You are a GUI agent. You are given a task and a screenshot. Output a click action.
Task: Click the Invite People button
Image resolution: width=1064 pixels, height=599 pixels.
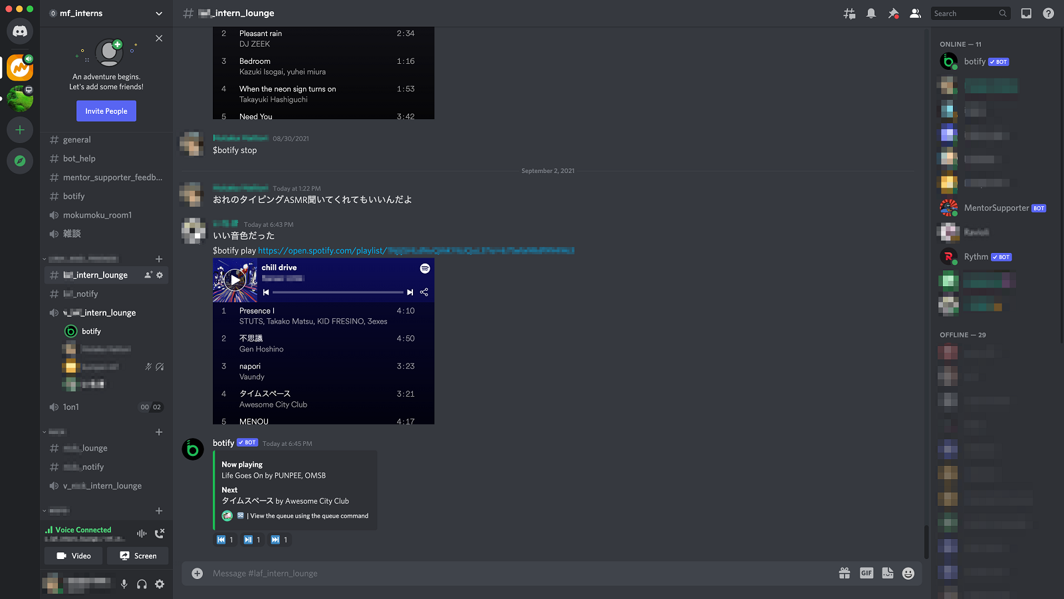(x=106, y=111)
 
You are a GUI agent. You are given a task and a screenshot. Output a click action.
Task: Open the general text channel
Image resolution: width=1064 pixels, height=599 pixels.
(x=77, y=140)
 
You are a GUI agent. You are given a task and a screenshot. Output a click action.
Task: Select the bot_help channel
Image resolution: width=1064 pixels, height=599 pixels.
(x=79, y=158)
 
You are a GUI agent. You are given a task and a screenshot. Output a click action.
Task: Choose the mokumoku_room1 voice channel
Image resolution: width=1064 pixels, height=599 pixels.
(x=97, y=215)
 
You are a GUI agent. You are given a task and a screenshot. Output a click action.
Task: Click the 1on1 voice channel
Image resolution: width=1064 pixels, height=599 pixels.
(x=71, y=407)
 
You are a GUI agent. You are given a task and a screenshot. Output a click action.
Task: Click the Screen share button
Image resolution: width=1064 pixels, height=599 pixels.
(x=138, y=556)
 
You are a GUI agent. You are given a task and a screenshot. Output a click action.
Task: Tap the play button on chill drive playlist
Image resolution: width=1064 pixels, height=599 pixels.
(x=235, y=280)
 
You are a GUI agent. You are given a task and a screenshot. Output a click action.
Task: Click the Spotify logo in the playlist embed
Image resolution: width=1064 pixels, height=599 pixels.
(x=425, y=268)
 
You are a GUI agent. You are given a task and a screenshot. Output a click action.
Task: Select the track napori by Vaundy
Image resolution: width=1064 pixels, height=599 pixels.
(x=250, y=367)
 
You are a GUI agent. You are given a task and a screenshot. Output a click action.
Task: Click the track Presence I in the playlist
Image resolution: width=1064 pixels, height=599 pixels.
(x=257, y=311)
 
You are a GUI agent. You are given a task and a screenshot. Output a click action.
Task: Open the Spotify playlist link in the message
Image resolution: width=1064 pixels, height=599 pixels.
(x=322, y=251)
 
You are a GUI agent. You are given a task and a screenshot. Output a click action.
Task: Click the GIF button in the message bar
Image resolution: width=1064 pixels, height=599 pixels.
(x=866, y=573)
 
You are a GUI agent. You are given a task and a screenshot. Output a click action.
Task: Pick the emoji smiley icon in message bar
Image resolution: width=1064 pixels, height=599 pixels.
(x=908, y=573)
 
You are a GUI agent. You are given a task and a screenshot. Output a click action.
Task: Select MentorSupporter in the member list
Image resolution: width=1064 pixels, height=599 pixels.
(x=996, y=208)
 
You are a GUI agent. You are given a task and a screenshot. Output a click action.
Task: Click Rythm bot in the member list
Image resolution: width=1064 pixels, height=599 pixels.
(x=976, y=257)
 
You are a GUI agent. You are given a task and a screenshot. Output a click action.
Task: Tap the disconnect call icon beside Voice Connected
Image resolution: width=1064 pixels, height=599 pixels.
(x=160, y=533)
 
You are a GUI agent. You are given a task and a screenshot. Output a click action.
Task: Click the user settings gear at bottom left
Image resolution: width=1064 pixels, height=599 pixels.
(x=160, y=584)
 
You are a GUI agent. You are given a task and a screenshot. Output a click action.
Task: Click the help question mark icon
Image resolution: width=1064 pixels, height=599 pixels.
(x=1049, y=13)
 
